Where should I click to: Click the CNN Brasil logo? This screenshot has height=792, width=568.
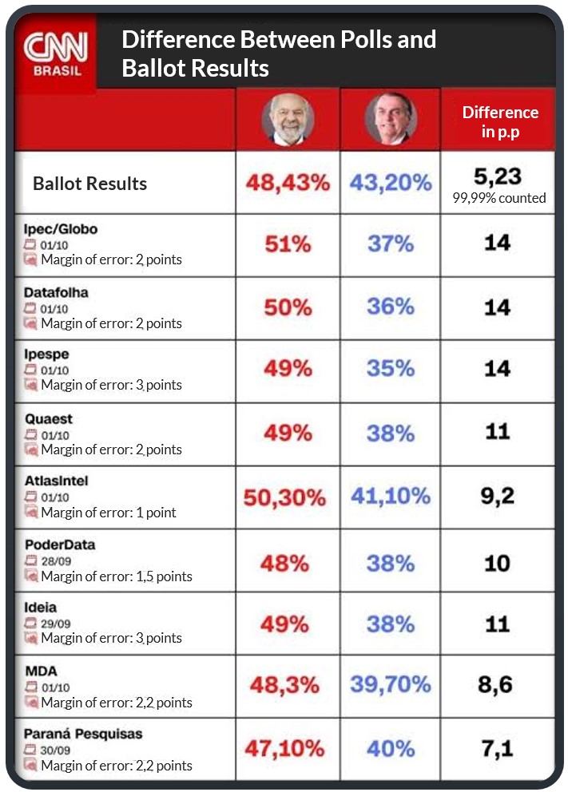[54, 53]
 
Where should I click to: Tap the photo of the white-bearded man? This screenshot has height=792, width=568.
[288, 120]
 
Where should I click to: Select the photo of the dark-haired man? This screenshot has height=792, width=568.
[391, 120]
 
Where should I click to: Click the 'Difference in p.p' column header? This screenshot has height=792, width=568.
[500, 121]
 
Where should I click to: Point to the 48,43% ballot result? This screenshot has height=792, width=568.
[288, 183]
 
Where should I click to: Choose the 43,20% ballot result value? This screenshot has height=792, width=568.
[391, 183]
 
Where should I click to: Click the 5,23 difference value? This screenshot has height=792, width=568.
[497, 177]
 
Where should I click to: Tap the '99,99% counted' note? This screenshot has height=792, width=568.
[499, 198]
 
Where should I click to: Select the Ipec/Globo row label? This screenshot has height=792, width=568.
[61, 229]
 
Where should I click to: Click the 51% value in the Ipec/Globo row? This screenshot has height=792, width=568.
[288, 244]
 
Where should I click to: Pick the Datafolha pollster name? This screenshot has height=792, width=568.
[56, 292]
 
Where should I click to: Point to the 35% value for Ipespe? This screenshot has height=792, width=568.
[391, 369]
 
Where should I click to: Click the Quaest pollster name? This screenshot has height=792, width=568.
[48, 418]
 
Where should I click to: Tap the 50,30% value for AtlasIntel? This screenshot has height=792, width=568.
[285, 498]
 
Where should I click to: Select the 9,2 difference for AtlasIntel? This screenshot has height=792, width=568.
[497, 496]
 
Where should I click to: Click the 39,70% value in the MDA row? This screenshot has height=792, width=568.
[391, 684]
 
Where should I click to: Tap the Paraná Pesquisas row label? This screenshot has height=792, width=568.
[83, 734]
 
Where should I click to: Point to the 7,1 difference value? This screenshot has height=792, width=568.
[497, 748]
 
